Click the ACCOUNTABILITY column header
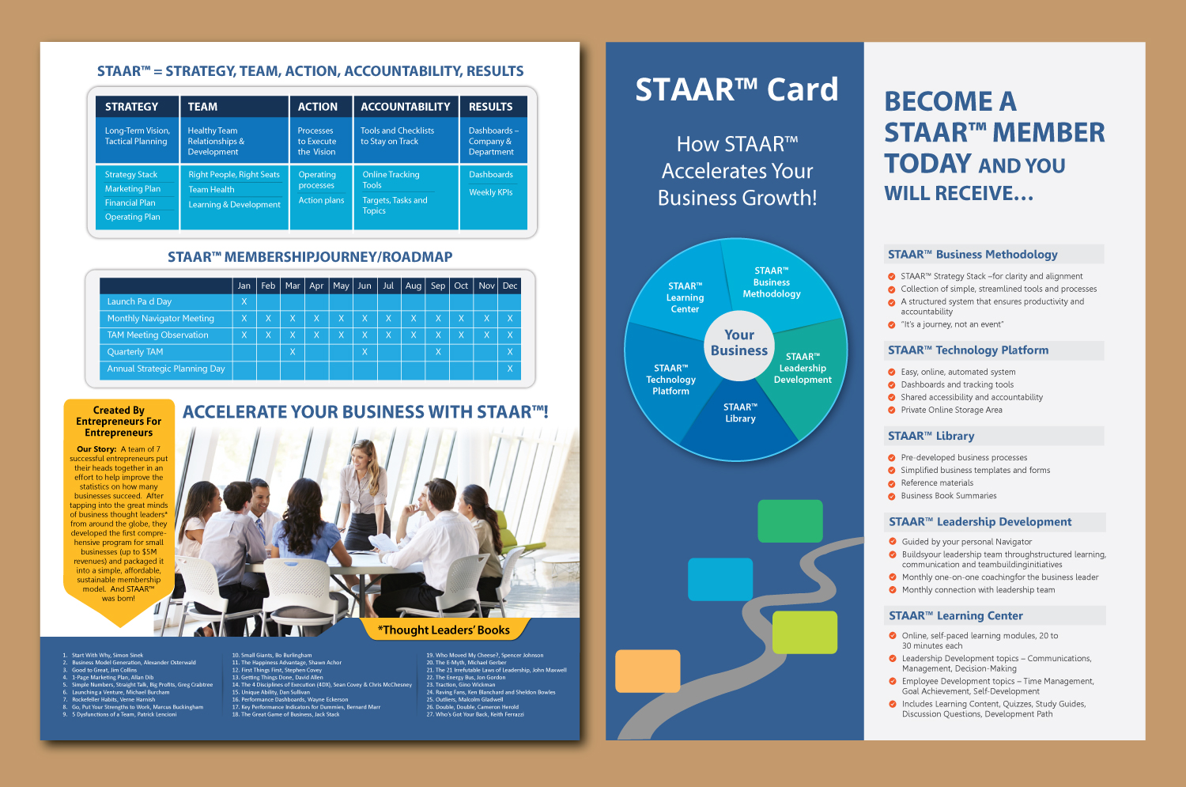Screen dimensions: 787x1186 pos(405,107)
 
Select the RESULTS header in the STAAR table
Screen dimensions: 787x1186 pos(490,107)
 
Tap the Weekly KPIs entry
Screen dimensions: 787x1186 pos(490,192)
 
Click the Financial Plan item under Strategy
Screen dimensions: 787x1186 pos(130,203)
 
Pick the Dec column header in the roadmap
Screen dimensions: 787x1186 pos(510,286)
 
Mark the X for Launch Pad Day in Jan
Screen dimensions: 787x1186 pos(244,301)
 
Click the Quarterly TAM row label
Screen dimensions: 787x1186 pos(135,352)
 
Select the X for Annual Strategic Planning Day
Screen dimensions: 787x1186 pos(510,369)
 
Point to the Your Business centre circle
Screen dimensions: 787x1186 pos(738,342)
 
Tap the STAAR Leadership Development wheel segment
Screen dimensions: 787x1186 pos(803,369)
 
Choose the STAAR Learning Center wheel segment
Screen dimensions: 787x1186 pos(685,297)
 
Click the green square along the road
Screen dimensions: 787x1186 pos(790,520)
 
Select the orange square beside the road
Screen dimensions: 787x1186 pos(648,671)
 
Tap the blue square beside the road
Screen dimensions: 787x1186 pos(720,579)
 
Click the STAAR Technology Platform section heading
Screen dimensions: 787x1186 pos(968,350)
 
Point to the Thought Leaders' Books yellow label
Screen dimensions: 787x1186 pos(444,630)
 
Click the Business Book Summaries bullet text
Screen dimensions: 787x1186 pos(948,496)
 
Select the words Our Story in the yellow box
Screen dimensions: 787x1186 pos(96,449)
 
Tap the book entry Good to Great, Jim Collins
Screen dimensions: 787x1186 pos(104,670)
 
